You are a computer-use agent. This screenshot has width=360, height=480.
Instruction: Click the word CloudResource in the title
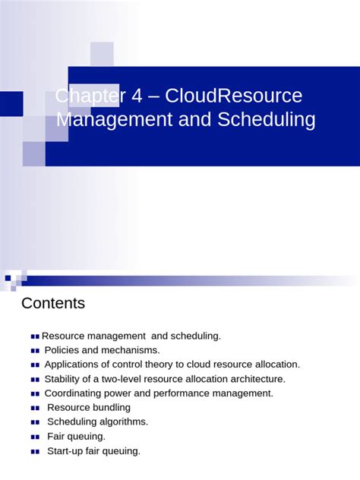click(233, 96)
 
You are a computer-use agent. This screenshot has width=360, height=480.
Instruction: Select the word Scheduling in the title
click(267, 120)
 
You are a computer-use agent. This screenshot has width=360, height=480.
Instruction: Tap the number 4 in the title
click(137, 96)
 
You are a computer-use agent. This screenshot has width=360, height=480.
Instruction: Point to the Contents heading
click(53, 304)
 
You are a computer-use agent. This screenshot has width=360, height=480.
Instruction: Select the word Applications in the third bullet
click(73, 365)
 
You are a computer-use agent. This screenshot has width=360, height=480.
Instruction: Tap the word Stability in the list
click(64, 379)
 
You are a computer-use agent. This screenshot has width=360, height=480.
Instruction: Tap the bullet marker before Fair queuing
click(35, 437)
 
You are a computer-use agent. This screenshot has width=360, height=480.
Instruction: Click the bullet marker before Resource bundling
click(35, 408)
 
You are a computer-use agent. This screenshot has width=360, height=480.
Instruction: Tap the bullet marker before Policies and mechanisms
click(35, 350)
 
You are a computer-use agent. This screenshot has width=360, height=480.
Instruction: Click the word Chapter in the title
click(87, 96)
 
